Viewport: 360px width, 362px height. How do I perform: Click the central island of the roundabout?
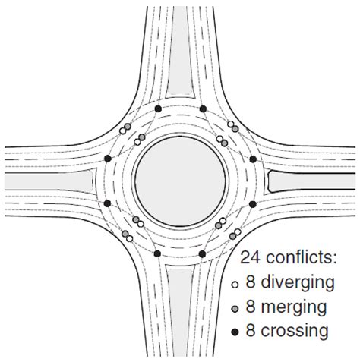click(x=180, y=181)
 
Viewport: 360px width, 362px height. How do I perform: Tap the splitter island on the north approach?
click(x=180, y=52)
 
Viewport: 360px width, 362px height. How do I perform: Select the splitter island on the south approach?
click(x=180, y=311)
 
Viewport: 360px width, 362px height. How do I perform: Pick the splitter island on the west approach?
click(x=50, y=181)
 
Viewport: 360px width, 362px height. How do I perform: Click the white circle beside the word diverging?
click(x=235, y=285)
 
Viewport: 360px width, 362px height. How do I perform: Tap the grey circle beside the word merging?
click(x=235, y=309)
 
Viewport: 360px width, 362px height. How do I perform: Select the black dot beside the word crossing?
click(x=235, y=332)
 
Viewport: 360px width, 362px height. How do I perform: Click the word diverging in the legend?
click(x=298, y=282)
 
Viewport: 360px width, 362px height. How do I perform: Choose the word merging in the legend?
click(x=294, y=307)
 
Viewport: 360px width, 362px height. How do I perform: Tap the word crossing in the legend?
click(x=295, y=330)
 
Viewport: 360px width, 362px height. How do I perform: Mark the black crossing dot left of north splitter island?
click(x=158, y=109)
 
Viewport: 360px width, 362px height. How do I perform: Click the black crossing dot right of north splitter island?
click(x=203, y=109)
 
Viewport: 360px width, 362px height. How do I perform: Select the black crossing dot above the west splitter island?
click(x=108, y=159)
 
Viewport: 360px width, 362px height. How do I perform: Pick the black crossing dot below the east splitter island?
click(x=253, y=204)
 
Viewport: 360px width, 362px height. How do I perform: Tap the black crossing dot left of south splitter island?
click(x=157, y=253)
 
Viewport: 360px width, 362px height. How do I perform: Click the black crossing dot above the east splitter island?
click(x=253, y=159)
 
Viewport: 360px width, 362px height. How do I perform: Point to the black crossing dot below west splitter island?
click(x=108, y=203)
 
